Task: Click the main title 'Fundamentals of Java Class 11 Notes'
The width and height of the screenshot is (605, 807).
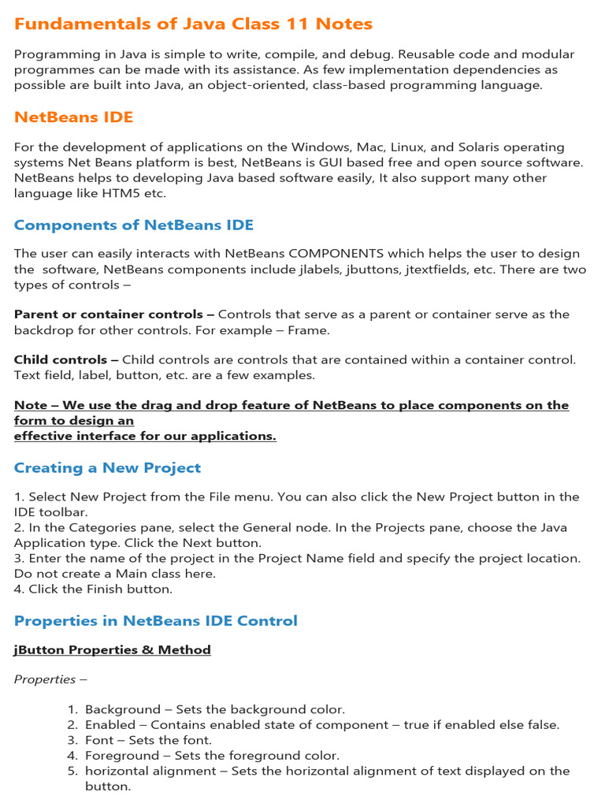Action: pyautogui.click(x=193, y=24)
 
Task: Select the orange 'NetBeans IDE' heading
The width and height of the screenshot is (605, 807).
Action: pyautogui.click(x=73, y=117)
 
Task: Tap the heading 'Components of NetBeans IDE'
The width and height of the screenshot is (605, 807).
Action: pyautogui.click(x=134, y=225)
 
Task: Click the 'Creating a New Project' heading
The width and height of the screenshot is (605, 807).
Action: pyautogui.click(x=107, y=468)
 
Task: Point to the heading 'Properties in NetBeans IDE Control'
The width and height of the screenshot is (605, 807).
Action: pyautogui.click(x=156, y=621)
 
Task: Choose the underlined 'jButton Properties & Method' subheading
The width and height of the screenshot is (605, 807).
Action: pyautogui.click(x=112, y=650)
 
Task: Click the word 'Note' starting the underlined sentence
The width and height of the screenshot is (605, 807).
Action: pyautogui.click(x=31, y=406)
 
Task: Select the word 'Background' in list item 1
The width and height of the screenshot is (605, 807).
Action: pyautogui.click(x=117, y=710)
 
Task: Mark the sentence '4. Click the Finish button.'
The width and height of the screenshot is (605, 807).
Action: pyautogui.click(x=93, y=589)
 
